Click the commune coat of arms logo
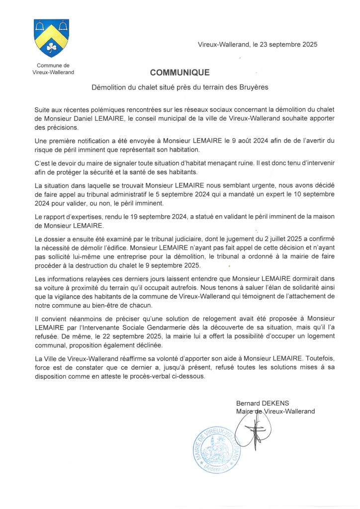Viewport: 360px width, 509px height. coord(51,38)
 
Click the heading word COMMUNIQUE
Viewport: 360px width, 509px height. coord(180,73)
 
